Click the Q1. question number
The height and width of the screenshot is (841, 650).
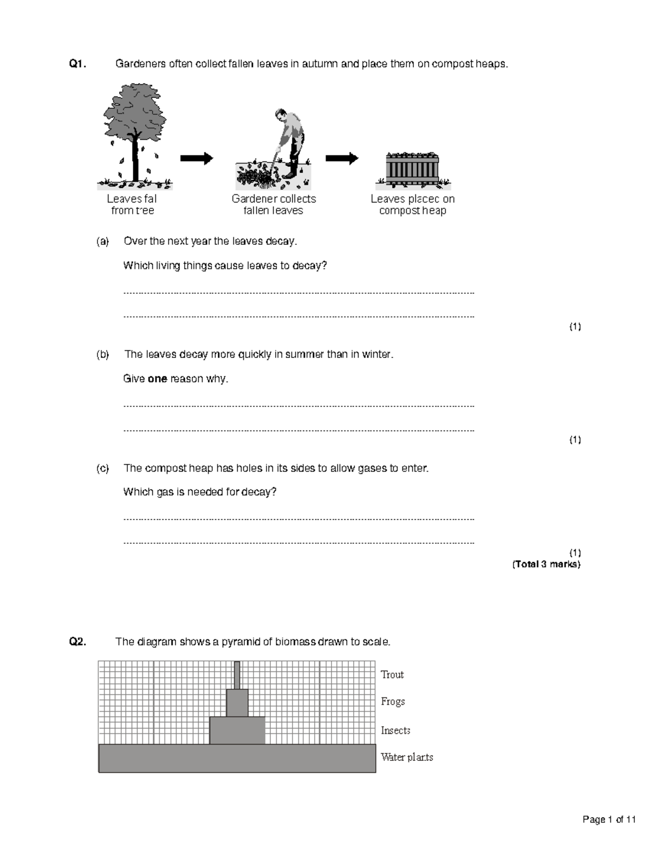pyautogui.click(x=77, y=64)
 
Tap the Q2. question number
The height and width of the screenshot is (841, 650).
pyautogui.click(x=77, y=642)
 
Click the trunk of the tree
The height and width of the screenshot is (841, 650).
pyautogui.click(x=135, y=160)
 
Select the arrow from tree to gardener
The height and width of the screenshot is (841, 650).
pyautogui.click(x=197, y=158)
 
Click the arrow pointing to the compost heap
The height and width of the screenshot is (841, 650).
pyautogui.click(x=342, y=158)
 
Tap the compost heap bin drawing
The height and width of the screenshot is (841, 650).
pyautogui.click(x=412, y=169)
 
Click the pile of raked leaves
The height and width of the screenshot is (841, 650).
pyautogui.click(x=256, y=175)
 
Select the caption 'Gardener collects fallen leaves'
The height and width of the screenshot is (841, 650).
pyautogui.click(x=274, y=205)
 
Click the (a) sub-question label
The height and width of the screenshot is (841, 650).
pyautogui.click(x=102, y=242)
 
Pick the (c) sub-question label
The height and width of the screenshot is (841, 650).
pyautogui.click(x=102, y=468)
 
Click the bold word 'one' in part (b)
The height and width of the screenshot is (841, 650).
pyautogui.click(x=157, y=379)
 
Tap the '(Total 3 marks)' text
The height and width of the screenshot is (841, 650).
pyautogui.click(x=546, y=564)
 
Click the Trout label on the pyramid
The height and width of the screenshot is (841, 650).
pyautogui.click(x=392, y=675)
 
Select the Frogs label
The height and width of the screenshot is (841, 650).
pyautogui.click(x=393, y=702)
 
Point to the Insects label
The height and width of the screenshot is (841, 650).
pyautogui.click(x=395, y=731)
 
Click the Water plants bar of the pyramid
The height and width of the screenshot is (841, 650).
pyautogui.click(x=237, y=758)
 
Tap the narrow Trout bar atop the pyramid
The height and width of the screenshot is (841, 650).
pyautogui.click(x=237, y=675)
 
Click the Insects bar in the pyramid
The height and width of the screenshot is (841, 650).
pyautogui.click(x=237, y=730)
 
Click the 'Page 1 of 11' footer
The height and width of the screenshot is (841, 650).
pyautogui.click(x=609, y=820)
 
